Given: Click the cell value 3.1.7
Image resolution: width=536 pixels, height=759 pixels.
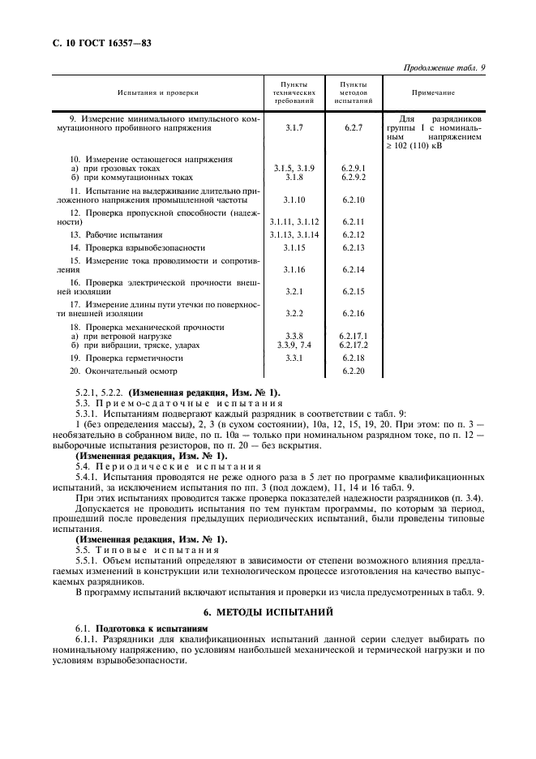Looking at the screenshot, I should pos(294,127).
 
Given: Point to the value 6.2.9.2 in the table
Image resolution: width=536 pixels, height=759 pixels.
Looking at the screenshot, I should pos(354,176).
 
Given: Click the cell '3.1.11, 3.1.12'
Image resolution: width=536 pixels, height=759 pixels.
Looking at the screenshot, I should pos(294,221).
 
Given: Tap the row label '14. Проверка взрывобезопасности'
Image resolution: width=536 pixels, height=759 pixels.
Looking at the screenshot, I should pos(136,247).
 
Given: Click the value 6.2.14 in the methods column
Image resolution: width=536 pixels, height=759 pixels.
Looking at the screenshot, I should pos(354,268).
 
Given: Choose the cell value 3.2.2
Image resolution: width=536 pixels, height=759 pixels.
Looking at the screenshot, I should pos(294,312).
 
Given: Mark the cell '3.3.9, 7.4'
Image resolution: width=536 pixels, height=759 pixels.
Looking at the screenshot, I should pos(294,344).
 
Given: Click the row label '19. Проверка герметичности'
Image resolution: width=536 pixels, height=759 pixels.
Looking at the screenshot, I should pos(126,358).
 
